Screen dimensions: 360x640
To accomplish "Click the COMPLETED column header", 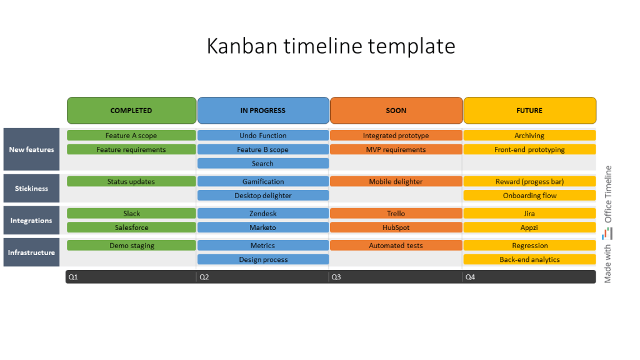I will click(x=131, y=111).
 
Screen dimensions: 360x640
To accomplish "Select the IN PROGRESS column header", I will click(x=263, y=111).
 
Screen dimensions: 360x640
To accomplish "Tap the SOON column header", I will click(x=396, y=111).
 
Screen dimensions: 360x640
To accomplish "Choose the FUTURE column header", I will click(x=529, y=111).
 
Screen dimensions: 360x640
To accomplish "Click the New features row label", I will click(x=31, y=149).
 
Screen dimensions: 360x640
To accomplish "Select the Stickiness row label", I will click(x=31, y=189).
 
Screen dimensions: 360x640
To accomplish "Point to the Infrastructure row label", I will click(x=31, y=252).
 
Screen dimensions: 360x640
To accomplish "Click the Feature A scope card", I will click(x=131, y=136).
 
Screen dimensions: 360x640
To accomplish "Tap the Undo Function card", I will click(x=263, y=136).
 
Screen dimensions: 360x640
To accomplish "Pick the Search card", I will click(x=263, y=164).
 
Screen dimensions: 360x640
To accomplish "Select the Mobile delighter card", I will click(x=396, y=182).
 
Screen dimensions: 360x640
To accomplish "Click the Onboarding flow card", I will click(x=529, y=196).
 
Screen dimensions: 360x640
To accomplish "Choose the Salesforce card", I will click(x=131, y=227).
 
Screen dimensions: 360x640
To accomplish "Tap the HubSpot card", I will click(x=396, y=227).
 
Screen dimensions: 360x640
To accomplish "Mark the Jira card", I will click(x=529, y=214).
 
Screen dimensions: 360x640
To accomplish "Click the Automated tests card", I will click(x=396, y=246).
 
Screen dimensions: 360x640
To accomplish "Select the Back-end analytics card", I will click(x=529, y=259).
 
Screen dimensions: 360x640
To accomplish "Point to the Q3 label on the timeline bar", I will click(x=336, y=277).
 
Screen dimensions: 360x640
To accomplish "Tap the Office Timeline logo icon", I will click(x=607, y=234).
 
